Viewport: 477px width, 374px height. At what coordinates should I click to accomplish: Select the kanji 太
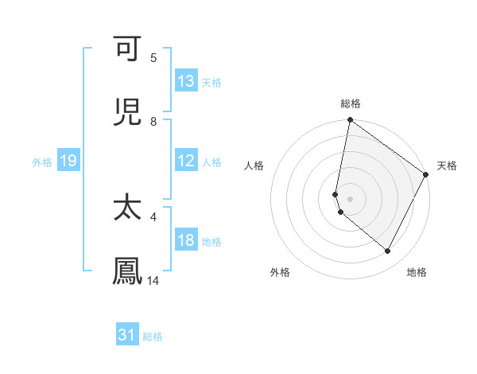[x=128, y=208]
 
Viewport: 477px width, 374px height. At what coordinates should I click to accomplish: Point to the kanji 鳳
[x=128, y=271]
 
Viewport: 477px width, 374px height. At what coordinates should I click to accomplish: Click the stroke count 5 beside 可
[x=153, y=58]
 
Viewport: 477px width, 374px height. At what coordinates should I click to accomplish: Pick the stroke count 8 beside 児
[x=153, y=121]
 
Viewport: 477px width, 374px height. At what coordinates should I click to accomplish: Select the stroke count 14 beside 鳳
[x=153, y=280]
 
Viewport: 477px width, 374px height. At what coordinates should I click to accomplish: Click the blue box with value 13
[x=186, y=81]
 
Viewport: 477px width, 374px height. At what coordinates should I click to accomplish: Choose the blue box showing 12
[x=186, y=161]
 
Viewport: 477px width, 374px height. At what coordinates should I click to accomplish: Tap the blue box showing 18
[x=186, y=240]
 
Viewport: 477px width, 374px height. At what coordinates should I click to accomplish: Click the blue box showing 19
[x=68, y=161]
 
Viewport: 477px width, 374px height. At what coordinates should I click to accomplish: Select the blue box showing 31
[x=127, y=336]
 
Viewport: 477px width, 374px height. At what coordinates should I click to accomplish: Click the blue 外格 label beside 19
[x=42, y=162]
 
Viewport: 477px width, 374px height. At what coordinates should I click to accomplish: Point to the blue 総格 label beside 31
[x=153, y=337]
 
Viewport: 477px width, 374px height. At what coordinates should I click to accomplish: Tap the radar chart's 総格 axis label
[x=350, y=103]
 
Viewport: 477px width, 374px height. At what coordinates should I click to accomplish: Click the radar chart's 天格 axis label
[x=447, y=166]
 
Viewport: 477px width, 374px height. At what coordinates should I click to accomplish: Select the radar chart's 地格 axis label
[x=417, y=272]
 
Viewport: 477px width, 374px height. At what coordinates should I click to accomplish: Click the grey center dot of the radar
[x=350, y=198]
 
